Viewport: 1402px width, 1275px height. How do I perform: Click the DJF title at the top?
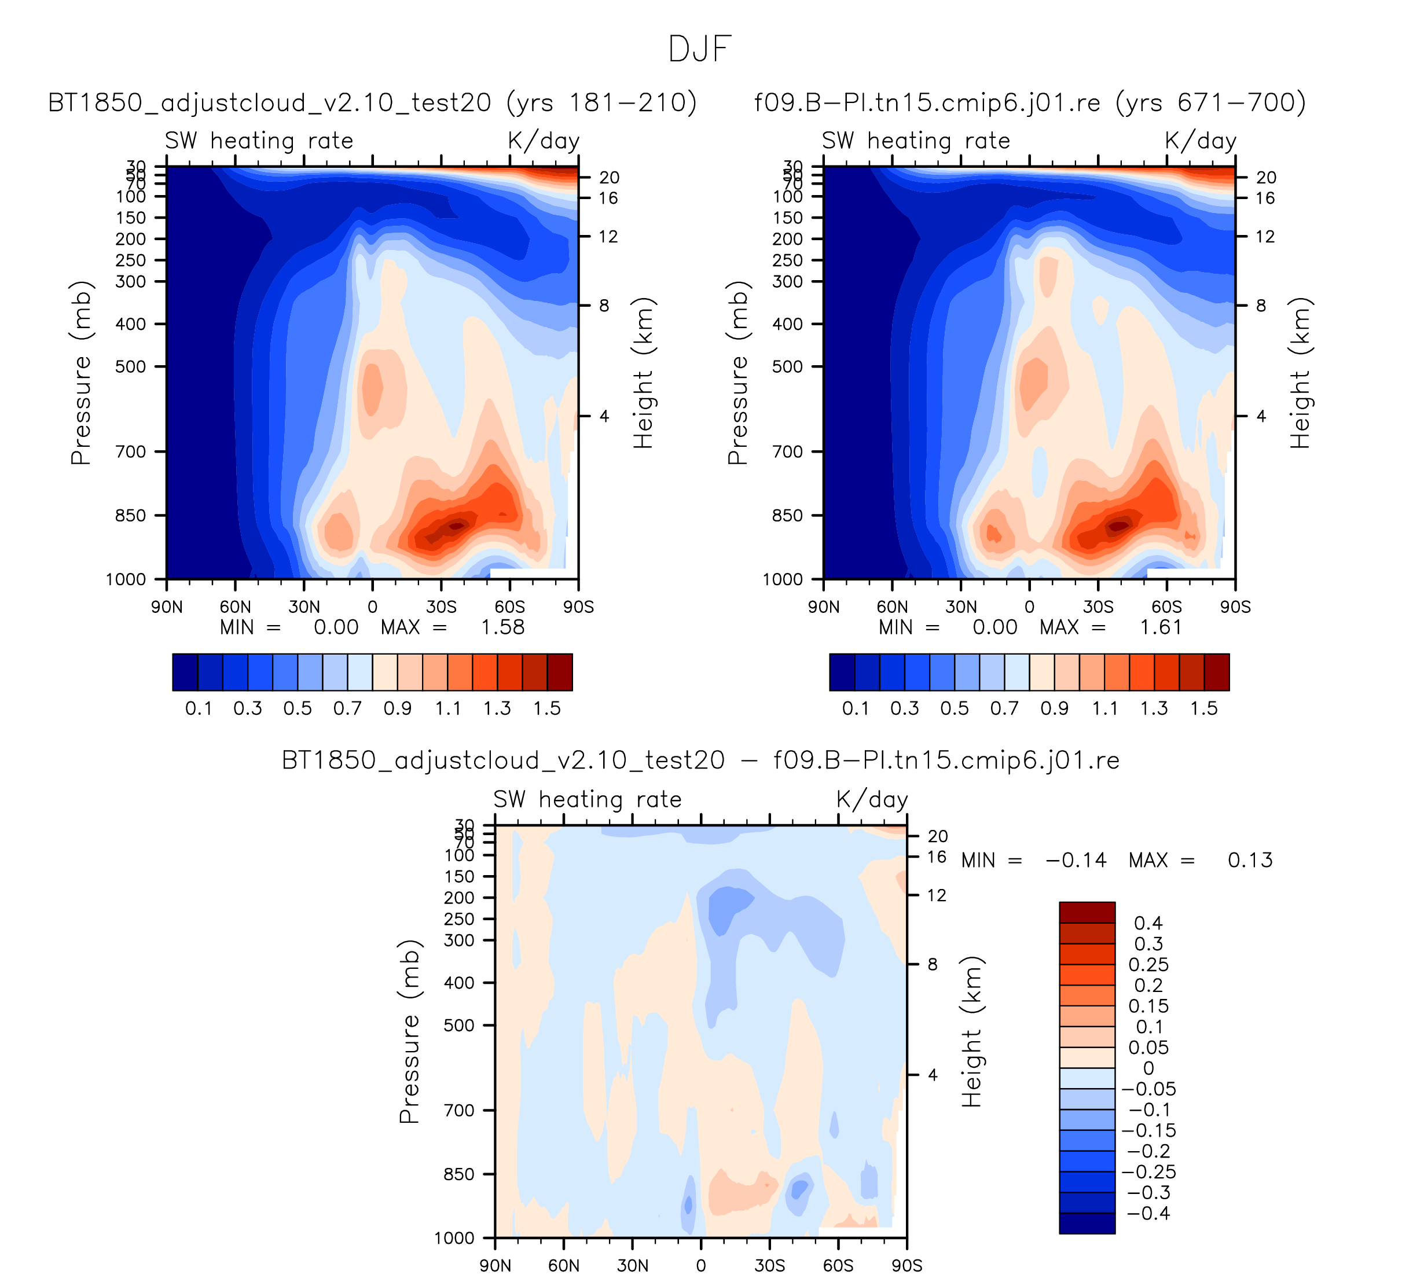coord(700,49)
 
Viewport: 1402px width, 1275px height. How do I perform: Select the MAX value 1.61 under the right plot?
coord(1161,628)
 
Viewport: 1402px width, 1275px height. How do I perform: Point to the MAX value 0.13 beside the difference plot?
coord(1250,861)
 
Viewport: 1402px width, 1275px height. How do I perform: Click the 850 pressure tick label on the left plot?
coord(131,516)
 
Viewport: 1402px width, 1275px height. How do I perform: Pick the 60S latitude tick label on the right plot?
coord(1166,608)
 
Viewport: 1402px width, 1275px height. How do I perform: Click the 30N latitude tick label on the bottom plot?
coord(632,1265)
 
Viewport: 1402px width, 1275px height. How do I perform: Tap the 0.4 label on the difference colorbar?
coord(1148,923)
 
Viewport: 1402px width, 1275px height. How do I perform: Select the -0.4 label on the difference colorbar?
coord(1148,1214)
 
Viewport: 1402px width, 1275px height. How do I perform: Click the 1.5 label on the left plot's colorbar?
coord(547,709)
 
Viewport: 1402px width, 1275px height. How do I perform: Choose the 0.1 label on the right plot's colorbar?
coord(856,709)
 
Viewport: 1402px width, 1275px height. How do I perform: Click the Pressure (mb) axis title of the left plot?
coord(82,373)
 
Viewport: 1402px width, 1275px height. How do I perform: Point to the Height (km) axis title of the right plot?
coord(1300,373)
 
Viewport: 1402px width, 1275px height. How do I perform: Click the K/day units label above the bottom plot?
coord(872,799)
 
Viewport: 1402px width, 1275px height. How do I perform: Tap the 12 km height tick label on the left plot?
coord(608,237)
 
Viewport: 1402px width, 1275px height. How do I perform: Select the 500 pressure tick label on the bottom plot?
coord(459,1026)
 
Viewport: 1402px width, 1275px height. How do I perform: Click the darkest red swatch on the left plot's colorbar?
coord(560,673)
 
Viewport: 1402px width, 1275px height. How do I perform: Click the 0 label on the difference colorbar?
coord(1148,1068)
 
